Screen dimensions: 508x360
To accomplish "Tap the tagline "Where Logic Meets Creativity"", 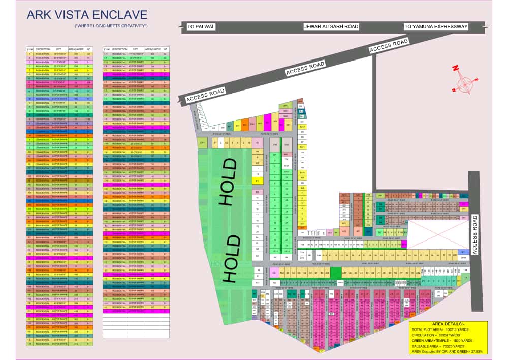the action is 111,25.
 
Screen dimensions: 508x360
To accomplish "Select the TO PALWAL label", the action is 201,26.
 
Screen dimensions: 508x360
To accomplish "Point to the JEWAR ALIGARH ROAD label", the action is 331,26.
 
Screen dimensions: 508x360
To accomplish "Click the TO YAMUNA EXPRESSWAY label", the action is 436,26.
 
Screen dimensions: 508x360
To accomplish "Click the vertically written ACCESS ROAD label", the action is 475,234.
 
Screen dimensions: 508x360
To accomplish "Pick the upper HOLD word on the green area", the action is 228,182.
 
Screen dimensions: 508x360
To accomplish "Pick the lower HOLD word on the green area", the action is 229,258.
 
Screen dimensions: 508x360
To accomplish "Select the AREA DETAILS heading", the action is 448,324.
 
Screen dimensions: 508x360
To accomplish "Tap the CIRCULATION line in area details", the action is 439,335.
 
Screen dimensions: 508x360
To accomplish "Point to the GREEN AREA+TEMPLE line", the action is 442,341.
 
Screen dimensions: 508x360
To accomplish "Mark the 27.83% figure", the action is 475,351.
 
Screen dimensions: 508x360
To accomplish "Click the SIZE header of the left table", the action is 58,49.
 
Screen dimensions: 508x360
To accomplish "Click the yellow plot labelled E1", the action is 257,181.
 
